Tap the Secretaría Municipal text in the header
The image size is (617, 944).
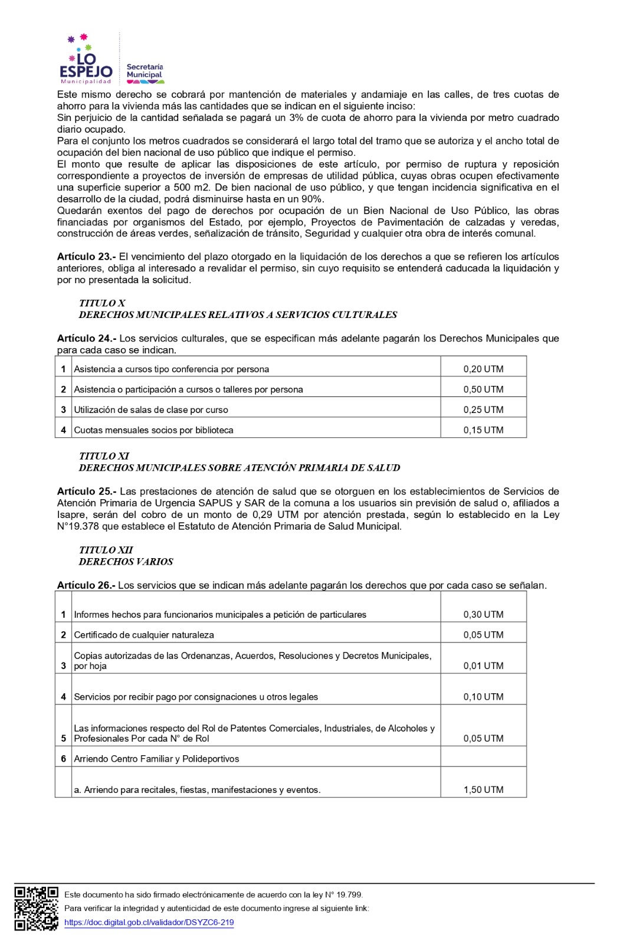[x=145, y=71]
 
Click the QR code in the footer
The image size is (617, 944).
[x=36, y=908]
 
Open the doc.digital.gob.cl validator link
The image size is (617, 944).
[x=149, y=922]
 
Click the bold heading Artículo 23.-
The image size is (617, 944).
[x=86, y=257]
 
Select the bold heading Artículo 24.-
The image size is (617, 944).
[x=86, y=339]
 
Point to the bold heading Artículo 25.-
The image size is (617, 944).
[x=86, y=491]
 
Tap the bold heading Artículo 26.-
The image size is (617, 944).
[x=86, y=585]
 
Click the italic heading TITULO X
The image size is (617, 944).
[x=102, y=303]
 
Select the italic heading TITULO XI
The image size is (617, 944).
[x=104, y=456]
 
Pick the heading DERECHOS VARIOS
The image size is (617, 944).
[x=126, y=562]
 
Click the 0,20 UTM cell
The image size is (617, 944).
[x=483, y=369]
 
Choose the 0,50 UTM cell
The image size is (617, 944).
[x=483, y=389]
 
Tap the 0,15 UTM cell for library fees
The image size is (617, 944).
[x=483, y=430]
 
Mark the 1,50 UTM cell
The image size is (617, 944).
[x=483, y=789]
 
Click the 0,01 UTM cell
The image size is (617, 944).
[x=483, y=666]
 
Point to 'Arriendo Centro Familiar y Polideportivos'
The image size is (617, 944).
[x=156, y=759]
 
